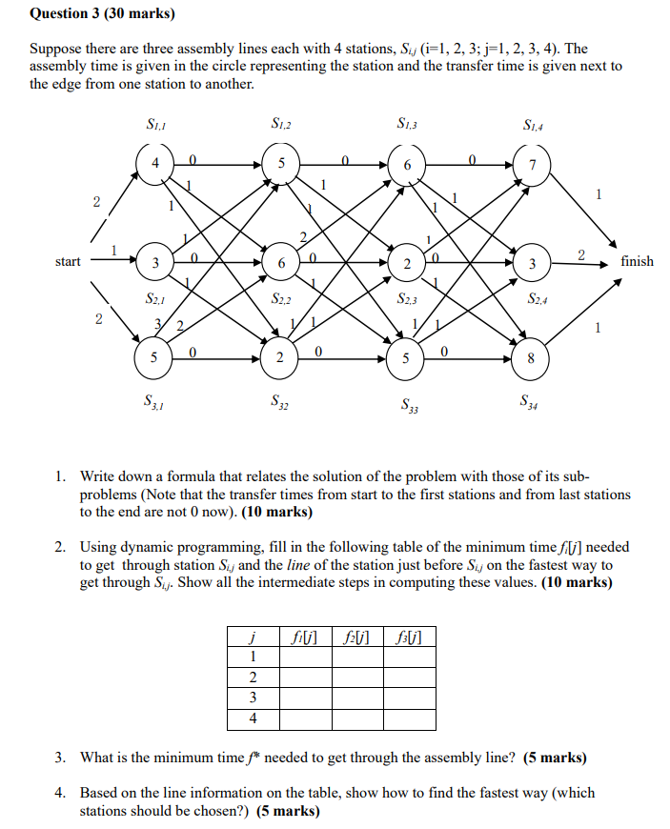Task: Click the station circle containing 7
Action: [x=533, y=166]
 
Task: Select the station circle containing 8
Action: [x=531, y=359]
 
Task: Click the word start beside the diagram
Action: [x=68, y=261]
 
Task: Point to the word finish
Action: [x=637, y=261]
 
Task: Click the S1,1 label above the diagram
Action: [x=154, y=123]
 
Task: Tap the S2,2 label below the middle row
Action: [x=281, y=300]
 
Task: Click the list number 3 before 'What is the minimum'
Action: [x=59, y=758]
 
